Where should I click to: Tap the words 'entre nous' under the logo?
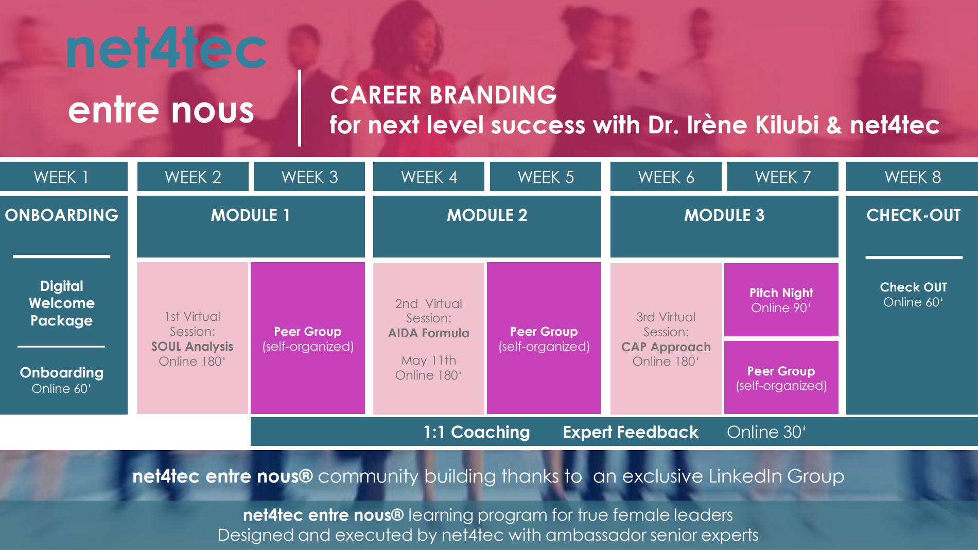161,110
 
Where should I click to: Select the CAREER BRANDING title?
443,95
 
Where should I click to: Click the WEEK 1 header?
61,177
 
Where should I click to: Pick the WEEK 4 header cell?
429,177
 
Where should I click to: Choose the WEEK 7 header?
782,177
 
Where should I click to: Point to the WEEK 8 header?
912,177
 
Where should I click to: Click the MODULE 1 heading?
250,215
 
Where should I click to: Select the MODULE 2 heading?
487,215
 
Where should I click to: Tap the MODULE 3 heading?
724,215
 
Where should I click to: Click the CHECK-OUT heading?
913,215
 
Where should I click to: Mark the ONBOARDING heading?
62,215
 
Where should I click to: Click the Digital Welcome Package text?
62,303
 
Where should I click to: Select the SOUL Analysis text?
192,347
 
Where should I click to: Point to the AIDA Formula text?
429,333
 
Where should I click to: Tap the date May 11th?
429,360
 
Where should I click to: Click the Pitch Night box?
781,300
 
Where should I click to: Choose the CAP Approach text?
666,347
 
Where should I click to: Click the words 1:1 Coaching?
477,432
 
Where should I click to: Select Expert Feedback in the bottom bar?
631,432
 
